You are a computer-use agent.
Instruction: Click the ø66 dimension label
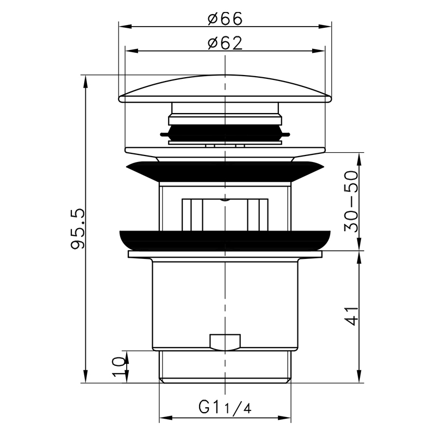point(225,18)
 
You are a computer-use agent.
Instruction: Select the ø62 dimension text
point(225,43)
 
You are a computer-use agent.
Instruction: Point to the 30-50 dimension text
point(352,201)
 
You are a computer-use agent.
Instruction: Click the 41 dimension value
point(352,315)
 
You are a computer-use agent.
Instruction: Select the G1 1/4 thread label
point(223,407)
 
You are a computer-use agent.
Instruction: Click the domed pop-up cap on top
point(225,90)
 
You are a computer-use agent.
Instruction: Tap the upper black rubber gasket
point(225,172)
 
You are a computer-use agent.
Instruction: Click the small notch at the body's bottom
point(224,342)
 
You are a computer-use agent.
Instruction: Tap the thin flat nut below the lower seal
point(225,254)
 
